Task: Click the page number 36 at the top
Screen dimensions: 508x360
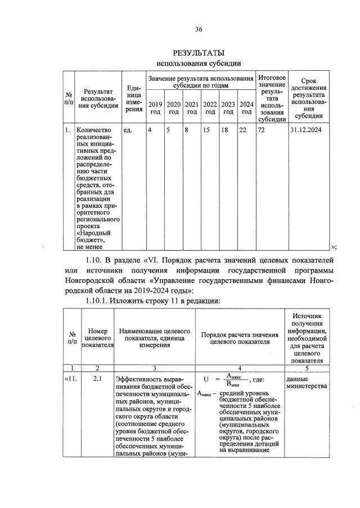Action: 199,29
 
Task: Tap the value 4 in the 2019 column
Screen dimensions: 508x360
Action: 150,130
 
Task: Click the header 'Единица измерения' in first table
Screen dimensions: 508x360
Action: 133,98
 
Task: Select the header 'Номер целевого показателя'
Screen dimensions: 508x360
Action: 98,338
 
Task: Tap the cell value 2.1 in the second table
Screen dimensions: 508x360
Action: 97,379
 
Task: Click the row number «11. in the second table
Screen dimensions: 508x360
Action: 70,379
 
